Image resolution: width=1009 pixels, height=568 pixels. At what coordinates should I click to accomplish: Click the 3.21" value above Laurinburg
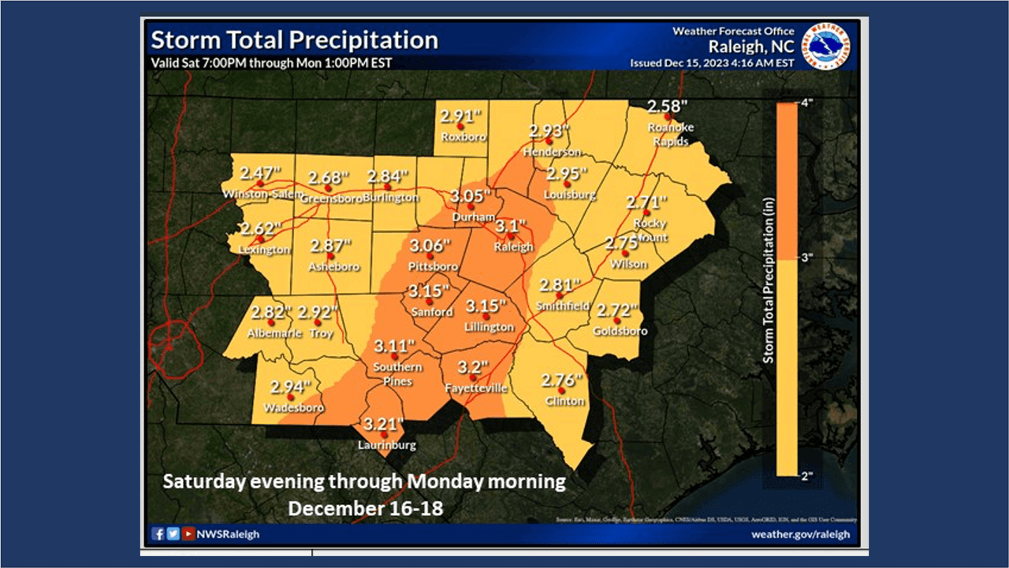383,425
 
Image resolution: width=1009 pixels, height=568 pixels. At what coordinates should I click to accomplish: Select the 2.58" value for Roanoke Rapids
666,106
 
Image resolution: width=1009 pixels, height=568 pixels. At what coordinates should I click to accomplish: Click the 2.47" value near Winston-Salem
260,173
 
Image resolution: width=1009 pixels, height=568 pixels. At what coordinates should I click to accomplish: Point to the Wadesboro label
293,408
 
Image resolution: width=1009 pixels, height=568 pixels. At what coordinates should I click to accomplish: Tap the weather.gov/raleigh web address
801,534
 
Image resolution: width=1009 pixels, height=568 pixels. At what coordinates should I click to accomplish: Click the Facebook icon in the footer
158,534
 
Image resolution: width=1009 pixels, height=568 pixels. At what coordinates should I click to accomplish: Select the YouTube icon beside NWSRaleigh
188,534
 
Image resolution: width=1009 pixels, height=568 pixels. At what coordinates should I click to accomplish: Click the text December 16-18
365,508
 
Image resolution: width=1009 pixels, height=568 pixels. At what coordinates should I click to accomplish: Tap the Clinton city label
565,401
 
